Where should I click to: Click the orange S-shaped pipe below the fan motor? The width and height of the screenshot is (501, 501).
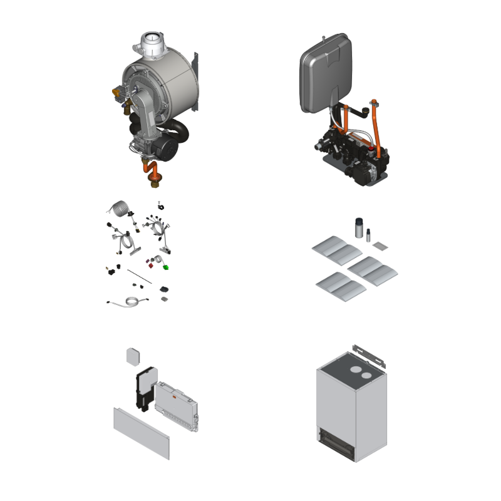click(x=148, y=171)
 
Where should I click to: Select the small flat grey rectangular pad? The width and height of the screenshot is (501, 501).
click(x=380, y=247)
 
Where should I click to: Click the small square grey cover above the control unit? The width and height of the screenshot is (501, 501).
click(x=133, y=355)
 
